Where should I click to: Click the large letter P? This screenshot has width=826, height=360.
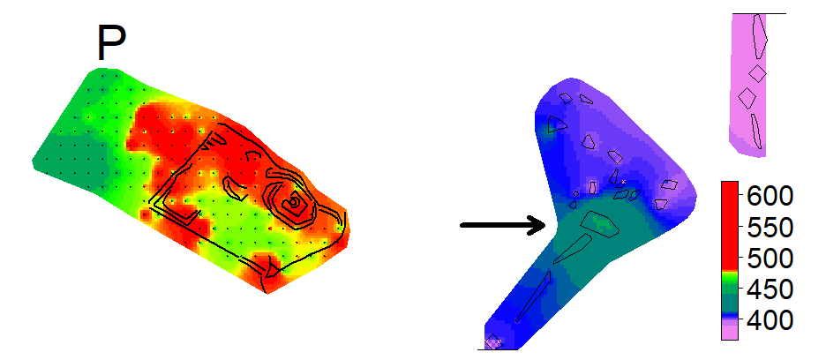111,43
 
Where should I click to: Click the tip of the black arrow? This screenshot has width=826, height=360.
546,225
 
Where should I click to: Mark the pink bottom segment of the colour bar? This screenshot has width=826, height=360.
729,331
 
